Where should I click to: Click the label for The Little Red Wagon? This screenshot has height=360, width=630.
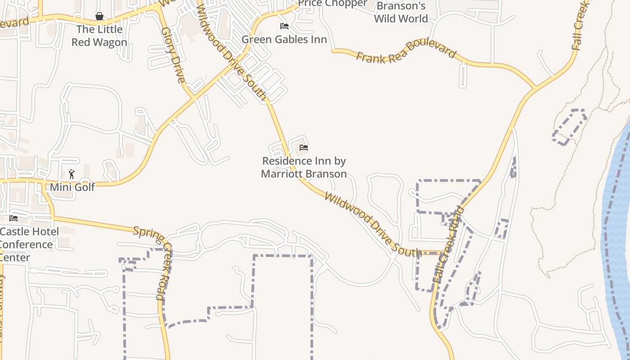pyautogui.click(x=99, y=36)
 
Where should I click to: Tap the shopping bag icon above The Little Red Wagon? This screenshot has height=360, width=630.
pyautogui.click(x=99, y=17)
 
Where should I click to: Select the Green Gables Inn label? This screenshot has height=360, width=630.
pyautogui.click(x=284, y=39)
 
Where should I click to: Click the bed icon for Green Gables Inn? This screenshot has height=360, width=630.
pyautogui.click(x=284, y=26)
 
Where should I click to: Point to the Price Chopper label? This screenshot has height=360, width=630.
pyautogui.click(x=333, y=4)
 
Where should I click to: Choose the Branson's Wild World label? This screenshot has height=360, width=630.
pyautogui.click(x=400, y=13)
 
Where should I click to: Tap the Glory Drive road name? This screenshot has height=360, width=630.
pyautogui.click(x=173, y=55)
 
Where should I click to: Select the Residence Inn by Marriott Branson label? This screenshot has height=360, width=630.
pyautogui.click(x=304, y=167)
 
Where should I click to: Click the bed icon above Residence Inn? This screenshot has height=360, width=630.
pyautogui.click(x=304, y=148)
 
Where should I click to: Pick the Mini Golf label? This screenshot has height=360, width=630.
pyautogui.click(x=72, y=187)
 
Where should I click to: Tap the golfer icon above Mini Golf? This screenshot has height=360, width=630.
pyautogui.click(x=71, y=174)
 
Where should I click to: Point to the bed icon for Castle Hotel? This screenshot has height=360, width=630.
pyautogui.click(x=13, y=218)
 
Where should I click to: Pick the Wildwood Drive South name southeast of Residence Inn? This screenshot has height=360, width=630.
pyautogui.click(x=372, y=224)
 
